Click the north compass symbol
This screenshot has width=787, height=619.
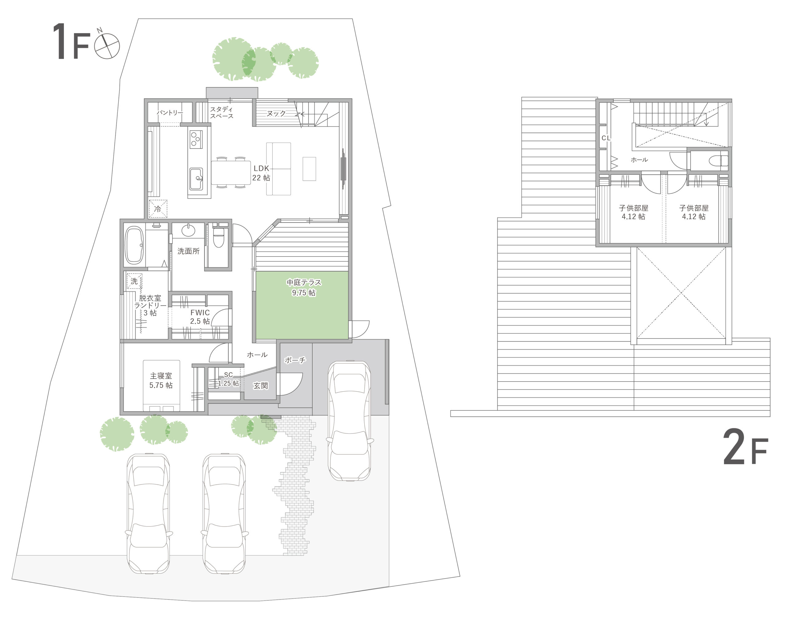107,46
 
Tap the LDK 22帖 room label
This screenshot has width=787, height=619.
261,173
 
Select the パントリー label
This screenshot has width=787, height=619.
170,113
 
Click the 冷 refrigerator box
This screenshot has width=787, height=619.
158,209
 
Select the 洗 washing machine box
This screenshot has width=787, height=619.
134,281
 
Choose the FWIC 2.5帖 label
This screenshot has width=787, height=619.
200,317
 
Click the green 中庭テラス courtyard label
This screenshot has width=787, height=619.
304,288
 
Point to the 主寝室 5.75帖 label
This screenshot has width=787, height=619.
161,381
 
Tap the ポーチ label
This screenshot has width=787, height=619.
295,360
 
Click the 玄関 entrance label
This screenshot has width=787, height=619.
260,386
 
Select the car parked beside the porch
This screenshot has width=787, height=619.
349,421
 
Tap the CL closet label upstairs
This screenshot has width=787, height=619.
606,138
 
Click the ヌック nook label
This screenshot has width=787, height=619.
276,113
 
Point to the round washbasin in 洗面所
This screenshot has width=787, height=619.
188,230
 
